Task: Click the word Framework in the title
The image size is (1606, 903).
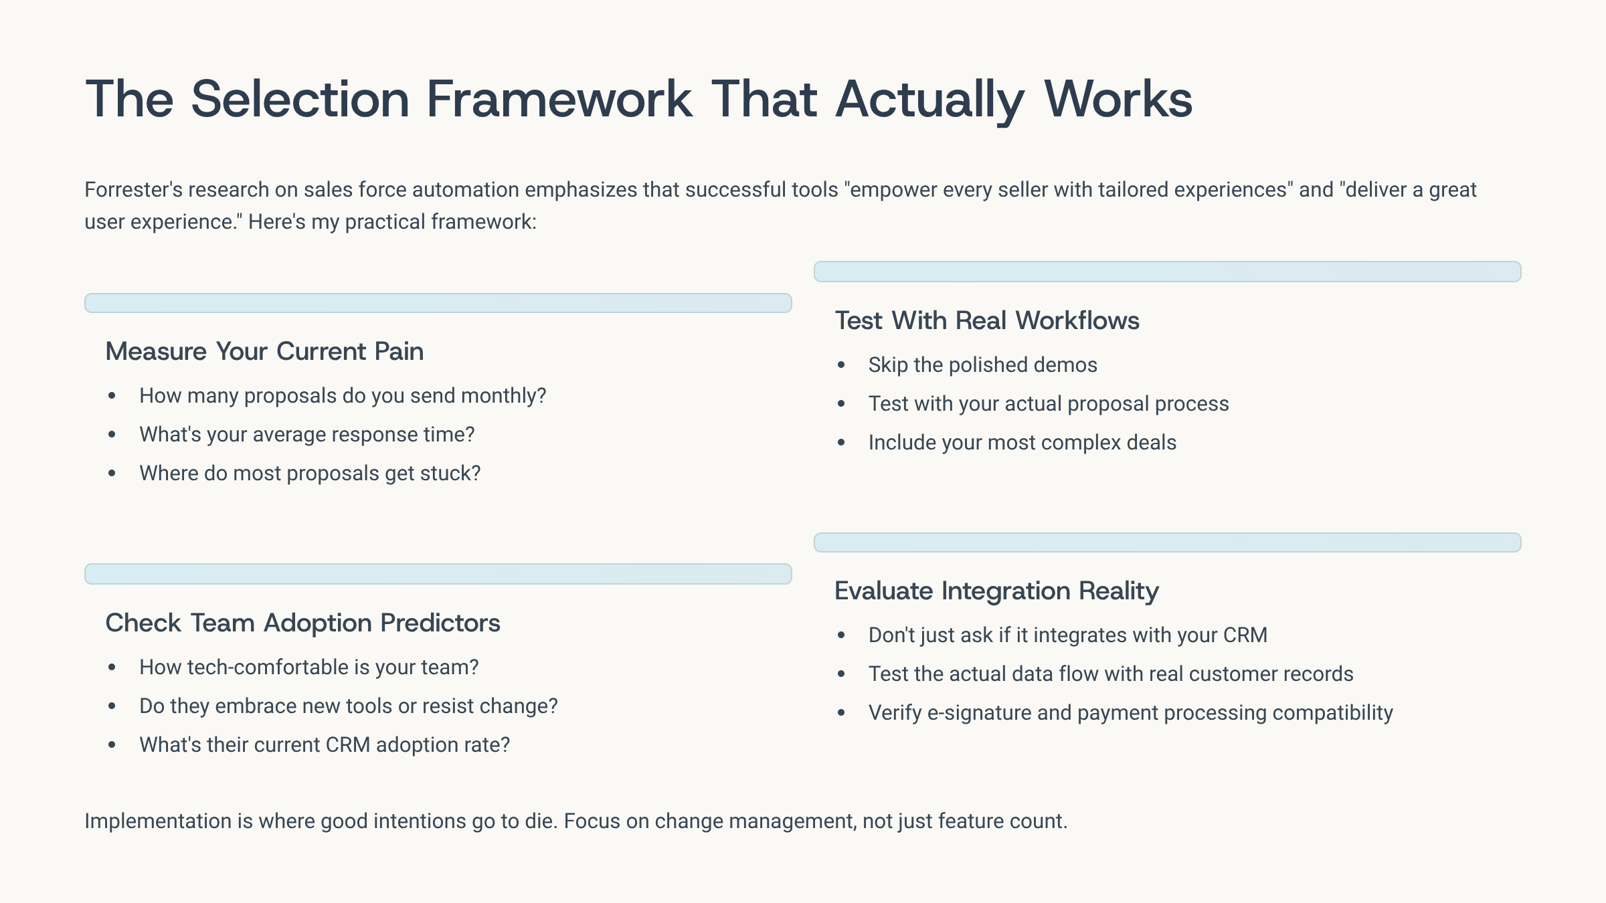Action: [559, 99]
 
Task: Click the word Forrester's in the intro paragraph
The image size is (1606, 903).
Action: [133, 190]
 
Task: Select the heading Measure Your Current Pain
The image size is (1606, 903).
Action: [264, 351]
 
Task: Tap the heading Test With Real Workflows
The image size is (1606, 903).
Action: [987, 320]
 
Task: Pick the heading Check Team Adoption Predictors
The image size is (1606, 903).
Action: [302, 623]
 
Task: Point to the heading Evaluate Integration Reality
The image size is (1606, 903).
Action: [996, 591]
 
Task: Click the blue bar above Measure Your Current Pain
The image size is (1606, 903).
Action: [438, 303]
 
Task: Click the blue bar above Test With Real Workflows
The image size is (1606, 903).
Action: [1168, 272]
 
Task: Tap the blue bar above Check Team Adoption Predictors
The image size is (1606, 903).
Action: [438, 574]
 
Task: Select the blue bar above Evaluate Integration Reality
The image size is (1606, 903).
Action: [1168, 542]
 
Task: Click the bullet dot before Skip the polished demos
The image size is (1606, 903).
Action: [841, 365]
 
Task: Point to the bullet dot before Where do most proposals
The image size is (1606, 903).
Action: [112, 474]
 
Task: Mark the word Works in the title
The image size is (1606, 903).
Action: [1118, 99]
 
